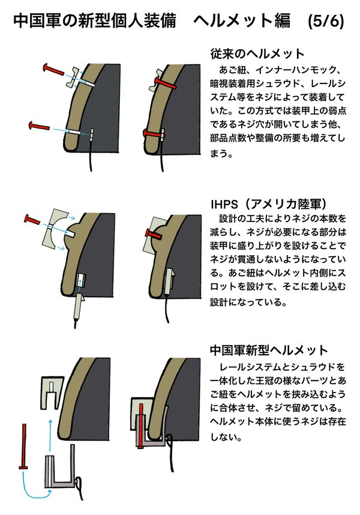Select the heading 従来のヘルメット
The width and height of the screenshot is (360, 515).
257,53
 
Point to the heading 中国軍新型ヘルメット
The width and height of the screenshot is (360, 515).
269,350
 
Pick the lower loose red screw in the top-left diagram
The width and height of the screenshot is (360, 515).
38,126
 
